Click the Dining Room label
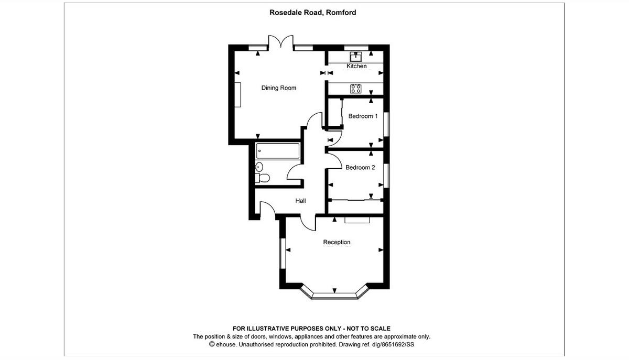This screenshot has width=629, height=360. point(278,88)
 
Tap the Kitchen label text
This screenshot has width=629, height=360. point(356,66)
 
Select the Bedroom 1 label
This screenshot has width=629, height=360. point(363,116)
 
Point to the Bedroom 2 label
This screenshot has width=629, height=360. point(360,167)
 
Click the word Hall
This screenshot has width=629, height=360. point(300,201)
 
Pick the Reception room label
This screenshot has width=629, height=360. point(337,242)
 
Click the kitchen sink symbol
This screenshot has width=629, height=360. point(356,57)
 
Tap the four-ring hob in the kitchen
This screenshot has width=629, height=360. point(356,89)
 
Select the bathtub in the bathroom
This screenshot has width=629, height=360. point(278,151)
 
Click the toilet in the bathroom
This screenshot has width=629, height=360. point(262,178)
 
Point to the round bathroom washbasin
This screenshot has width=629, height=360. point(259,167)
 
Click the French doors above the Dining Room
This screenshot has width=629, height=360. point(281,42)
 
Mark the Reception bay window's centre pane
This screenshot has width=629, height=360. point(334,296)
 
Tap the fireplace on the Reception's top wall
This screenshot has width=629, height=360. point(357,220)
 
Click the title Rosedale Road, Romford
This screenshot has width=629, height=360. point(313,13)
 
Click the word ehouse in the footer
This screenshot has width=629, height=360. point(226,345)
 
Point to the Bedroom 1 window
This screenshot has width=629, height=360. point(386,124)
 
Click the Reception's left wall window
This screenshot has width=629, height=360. point(283,253)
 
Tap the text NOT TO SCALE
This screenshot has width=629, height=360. point(368,329)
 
